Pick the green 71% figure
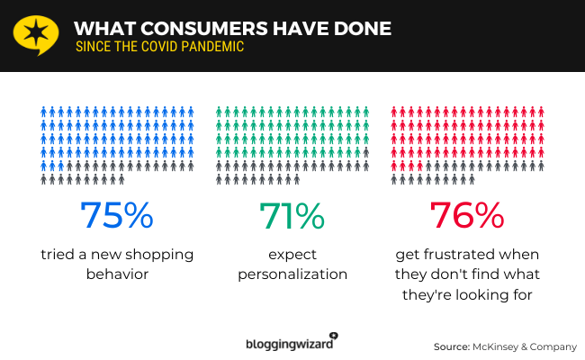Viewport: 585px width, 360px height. click(291, 217)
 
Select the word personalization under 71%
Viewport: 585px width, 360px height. click(292, 274)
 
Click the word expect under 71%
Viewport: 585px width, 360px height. click(292, 255)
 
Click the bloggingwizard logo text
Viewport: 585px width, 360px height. click(287, 343)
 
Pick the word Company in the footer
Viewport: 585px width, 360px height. click(555, 346)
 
